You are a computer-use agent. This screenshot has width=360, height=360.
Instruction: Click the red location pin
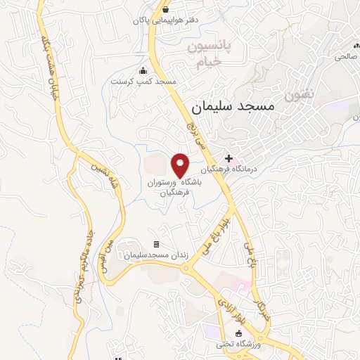(181, 165)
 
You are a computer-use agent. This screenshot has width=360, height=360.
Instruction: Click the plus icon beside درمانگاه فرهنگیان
(229, 160)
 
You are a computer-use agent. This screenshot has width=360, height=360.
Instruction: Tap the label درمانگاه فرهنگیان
(227, 170)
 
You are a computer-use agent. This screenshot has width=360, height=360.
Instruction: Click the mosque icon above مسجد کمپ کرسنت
(143, 70)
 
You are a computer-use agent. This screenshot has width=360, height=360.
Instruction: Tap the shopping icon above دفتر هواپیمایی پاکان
(165, 10)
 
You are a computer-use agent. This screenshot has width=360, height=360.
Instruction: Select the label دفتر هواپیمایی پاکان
(164, 20)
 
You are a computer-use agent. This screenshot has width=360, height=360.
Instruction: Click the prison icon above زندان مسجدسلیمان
(156, 244)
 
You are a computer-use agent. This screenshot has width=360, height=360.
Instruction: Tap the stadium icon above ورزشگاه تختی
(237, 334)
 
